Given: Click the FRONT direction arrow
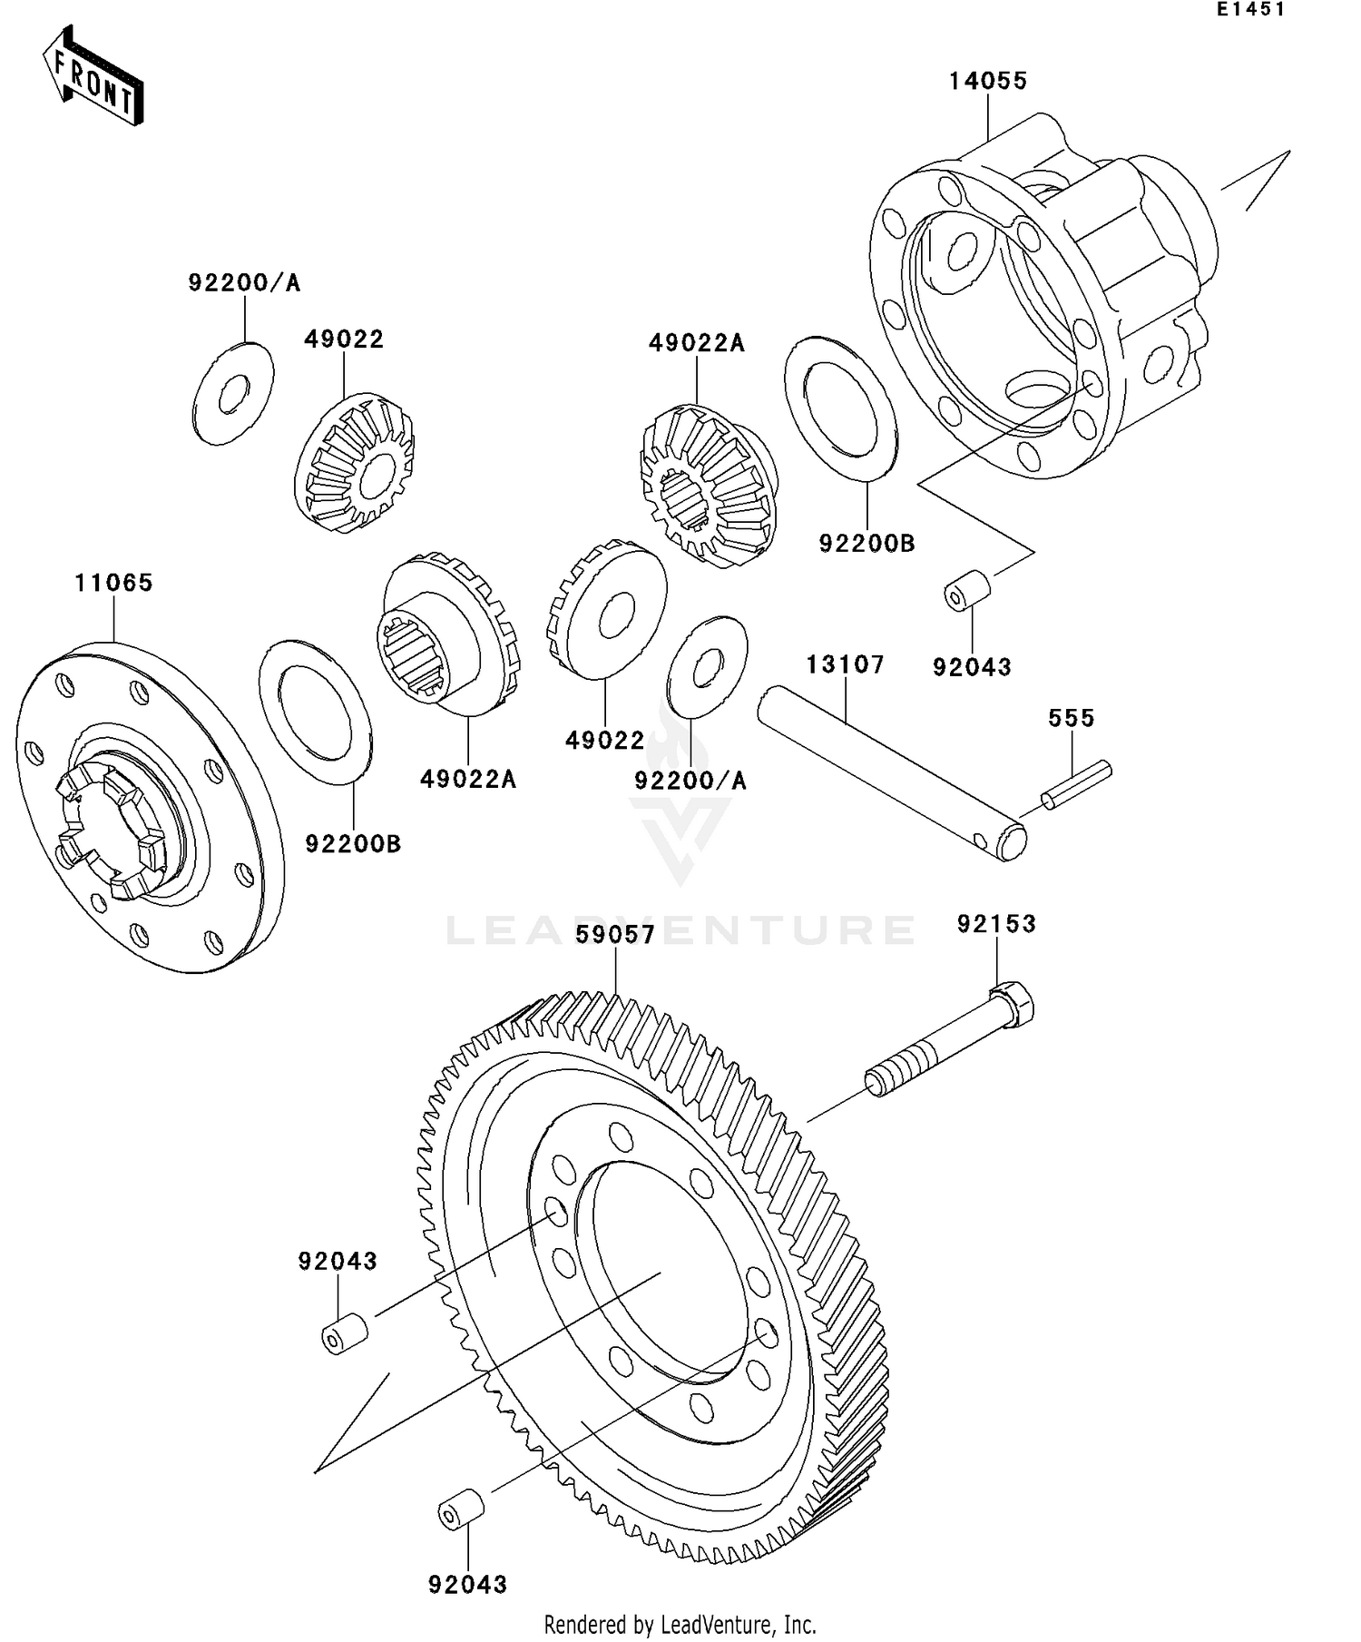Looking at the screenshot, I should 93,76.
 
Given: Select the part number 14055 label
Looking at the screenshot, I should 988,81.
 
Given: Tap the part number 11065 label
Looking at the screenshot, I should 113,583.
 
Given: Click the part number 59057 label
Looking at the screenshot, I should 615,935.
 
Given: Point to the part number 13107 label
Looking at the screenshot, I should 845,664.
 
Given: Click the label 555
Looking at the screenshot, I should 1072,718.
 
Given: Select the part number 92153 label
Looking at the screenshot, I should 996,924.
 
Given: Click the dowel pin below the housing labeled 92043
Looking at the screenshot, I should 967,590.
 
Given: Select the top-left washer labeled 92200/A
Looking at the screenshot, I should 233,394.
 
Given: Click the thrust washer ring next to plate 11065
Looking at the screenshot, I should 315,711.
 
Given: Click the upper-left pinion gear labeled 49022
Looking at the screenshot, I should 355,463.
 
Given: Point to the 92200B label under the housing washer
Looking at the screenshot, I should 867,544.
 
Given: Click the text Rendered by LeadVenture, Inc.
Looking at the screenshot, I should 680,1624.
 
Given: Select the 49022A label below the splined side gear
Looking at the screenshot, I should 467,779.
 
